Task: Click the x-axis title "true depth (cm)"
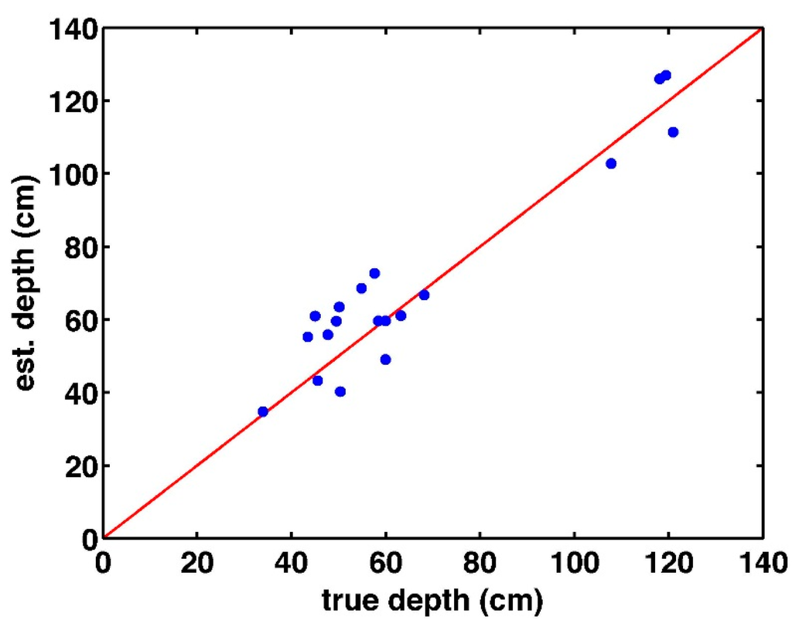point(433,598)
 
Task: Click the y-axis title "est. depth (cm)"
point(29,283)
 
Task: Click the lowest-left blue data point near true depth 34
point(263,411)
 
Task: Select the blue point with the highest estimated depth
point(666,75)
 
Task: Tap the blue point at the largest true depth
point(673,132)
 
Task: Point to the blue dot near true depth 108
point(611,163)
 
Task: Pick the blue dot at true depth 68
point(424,295)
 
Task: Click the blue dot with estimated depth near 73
point(374,273)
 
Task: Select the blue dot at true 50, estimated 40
point(340,391)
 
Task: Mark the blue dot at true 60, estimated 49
point(385,360)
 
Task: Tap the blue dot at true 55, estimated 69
point(361,288)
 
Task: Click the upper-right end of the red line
point(762,29)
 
